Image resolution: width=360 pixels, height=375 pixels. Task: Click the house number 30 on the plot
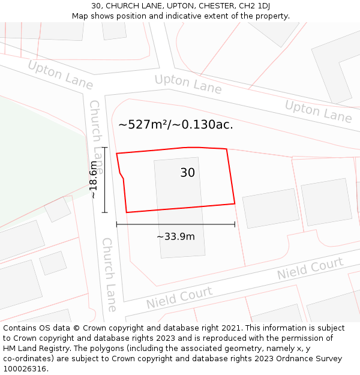click(187, 173)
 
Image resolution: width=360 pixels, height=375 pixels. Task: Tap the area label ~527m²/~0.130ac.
click(175, 125)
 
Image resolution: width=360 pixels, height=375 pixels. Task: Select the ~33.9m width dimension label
click(175, 236)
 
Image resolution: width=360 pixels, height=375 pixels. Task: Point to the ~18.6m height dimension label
click(93, 180)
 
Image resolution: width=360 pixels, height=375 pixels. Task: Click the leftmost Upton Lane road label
click(60, 75)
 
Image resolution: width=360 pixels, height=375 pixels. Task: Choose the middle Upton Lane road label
click(188, 84)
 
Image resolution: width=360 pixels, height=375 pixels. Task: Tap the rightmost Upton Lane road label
click(318, 111)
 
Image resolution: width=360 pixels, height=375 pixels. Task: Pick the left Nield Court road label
click(179, 298)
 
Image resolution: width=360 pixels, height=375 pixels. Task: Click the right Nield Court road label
click(310, 269)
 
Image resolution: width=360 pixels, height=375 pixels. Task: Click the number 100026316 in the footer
click(25, 368)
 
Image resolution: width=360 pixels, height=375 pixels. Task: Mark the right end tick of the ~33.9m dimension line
click(235, 224)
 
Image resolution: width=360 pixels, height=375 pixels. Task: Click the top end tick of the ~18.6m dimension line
click(104, 147)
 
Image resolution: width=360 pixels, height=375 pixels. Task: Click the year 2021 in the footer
click(230, 328)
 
